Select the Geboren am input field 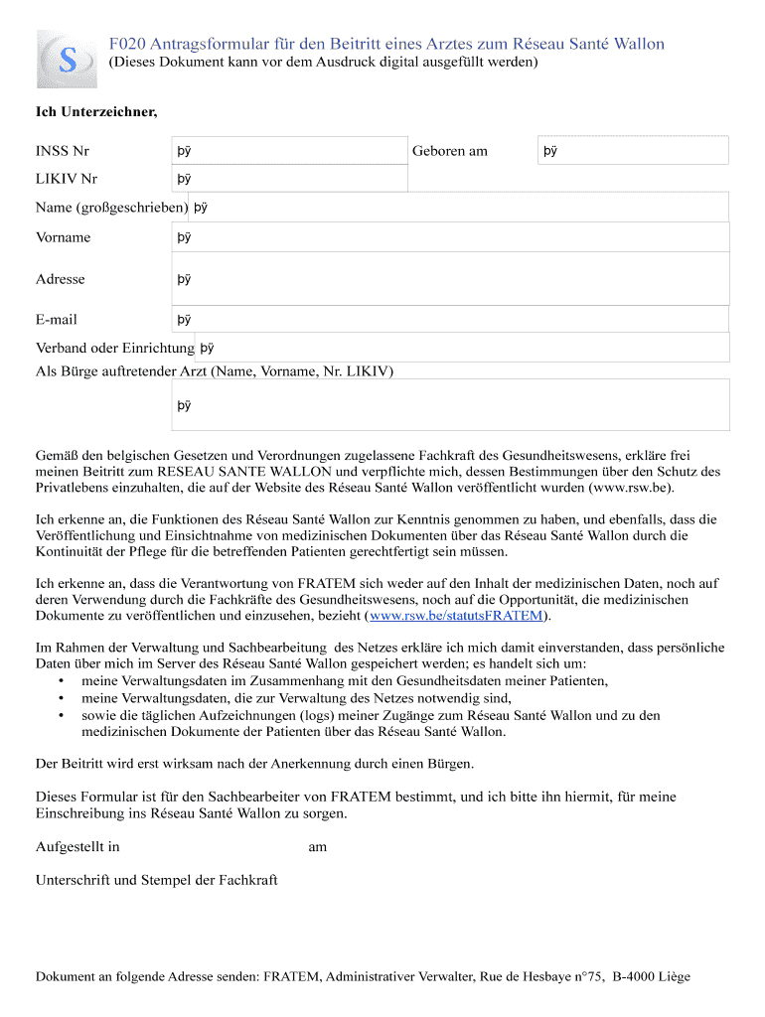pos(633,151)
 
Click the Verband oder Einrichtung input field pos(463,348)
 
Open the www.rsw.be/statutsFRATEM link pos(456,616)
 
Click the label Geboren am pos(450,151)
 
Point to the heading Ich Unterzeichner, pos(96,111)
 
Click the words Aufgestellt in pos(77,847)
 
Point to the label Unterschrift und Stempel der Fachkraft pos(157,880)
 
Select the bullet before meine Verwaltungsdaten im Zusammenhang pos(62,681)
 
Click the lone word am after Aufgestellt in pos(317,847)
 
